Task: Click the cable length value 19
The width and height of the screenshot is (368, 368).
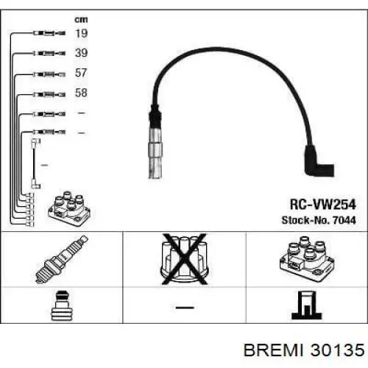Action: (81, 33)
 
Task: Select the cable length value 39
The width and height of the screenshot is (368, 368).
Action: (81, 53)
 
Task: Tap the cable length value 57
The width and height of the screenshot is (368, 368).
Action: (81, 73)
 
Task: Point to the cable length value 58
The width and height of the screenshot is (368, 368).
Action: (81, 93)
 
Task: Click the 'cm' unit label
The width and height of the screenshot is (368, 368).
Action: (81, 20)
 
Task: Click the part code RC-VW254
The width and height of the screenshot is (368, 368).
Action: (322, 205)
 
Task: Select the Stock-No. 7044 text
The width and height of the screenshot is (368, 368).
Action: (319, 220)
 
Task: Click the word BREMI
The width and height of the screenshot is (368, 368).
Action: (274, 350)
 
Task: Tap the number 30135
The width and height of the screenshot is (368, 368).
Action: (337, 350)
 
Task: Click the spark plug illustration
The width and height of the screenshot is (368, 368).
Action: (62, 259)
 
